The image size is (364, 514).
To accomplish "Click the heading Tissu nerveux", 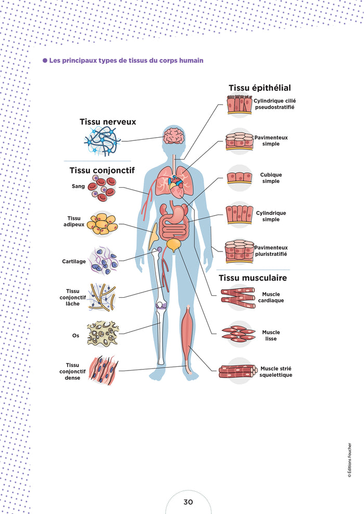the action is [108, 122].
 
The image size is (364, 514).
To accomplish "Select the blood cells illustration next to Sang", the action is [102, 188].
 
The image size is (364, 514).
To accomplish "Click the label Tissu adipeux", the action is [74, 221].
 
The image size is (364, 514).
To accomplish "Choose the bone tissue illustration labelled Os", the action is [103, 334].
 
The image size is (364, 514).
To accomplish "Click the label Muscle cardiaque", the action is [271, 297].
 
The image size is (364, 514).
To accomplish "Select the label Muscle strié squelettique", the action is [276, 372].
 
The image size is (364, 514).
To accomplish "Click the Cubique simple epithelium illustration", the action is [239, 178].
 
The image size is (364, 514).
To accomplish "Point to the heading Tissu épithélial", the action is [259, 88].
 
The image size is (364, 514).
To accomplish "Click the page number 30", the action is [188, 502].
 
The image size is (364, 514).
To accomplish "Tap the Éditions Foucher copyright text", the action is [349, 460].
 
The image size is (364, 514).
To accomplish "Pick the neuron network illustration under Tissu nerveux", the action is [102, 141].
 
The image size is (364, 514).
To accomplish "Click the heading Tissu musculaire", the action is [253, 278].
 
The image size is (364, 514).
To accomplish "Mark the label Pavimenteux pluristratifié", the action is [271, 251].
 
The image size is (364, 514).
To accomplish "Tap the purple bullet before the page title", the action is [45, 61].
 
